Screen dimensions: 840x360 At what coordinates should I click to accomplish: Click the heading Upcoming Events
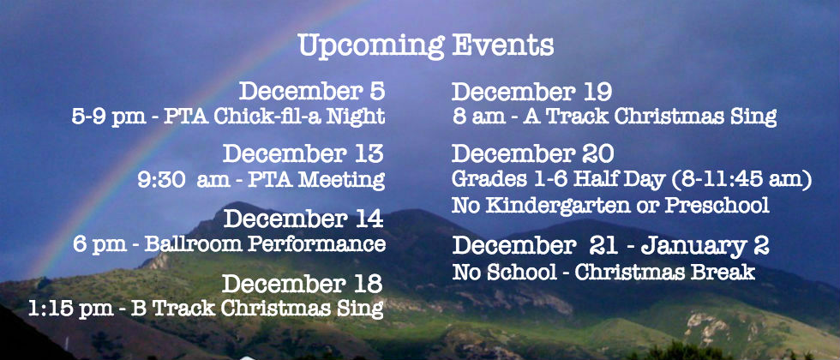[x=426, y=45]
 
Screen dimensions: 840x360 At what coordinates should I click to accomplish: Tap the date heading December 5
[x=312, y=91]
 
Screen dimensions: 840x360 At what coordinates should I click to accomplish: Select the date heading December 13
[x=303, y=153]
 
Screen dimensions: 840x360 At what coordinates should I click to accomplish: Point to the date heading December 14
[x=303, y=219]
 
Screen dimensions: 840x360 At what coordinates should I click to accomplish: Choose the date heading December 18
[x=302, y=284]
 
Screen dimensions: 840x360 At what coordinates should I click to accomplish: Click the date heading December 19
[x=531, y=93]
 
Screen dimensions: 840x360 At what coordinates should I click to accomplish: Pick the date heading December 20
[x=532, y=154]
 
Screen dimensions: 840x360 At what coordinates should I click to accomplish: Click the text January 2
[x=705, y=247]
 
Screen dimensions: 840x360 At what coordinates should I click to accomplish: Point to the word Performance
[x=316, y=245]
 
